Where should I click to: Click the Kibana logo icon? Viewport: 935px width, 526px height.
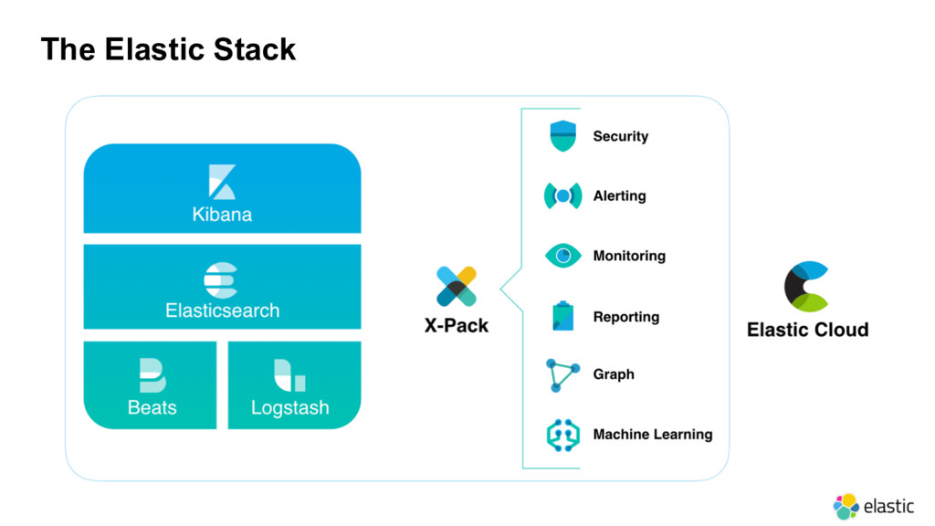(x=222, y=182)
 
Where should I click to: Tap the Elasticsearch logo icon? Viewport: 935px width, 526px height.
(x=221, y=280)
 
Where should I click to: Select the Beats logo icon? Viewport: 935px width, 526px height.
(x=152, y=375)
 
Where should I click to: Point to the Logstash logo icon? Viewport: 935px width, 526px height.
(x=289, y=375)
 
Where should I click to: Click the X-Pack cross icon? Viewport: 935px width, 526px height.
(x=457, y=286)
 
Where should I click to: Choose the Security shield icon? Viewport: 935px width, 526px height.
(x=562, y=136)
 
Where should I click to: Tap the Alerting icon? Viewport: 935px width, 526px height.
(x=562, y=195)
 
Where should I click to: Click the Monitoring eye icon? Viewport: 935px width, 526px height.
(x=562, y=256)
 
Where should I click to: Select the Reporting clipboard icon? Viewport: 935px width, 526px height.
(x=562, y=316)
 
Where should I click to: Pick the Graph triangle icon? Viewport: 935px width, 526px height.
(x=562, y=374)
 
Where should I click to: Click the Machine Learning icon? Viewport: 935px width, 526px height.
(x=562, y=435)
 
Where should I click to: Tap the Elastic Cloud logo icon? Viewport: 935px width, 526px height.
(x=807, y=286)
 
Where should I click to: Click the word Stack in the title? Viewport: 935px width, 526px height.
(x=255, y=49)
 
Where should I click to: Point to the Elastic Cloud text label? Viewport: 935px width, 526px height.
(x=807, y=330)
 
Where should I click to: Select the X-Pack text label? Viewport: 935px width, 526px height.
(x=457, y=326)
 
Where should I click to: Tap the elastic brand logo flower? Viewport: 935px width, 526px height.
(x=846, y=506)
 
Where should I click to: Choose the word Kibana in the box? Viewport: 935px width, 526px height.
(x=222, y=214)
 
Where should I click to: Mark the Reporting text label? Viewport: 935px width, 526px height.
(x=626, y=317)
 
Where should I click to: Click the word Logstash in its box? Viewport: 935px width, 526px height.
(x=289, y=408)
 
